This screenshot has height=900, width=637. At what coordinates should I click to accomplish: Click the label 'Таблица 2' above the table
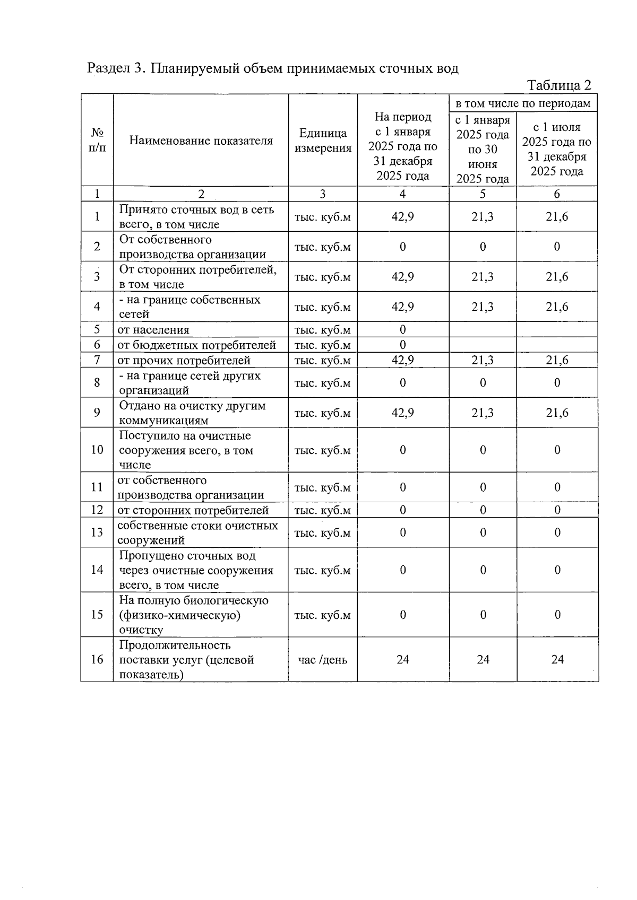tap(558, 85)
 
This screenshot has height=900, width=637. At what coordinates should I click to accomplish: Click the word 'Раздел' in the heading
tap(109, 68)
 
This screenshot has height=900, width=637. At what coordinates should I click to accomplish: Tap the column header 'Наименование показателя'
tap(201, 141)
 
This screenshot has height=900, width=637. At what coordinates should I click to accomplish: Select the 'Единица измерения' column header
tap(323, 141)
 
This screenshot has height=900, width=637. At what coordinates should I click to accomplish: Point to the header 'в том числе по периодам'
tap(523, 103)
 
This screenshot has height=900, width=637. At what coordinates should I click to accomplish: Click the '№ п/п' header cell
tap(97, 141)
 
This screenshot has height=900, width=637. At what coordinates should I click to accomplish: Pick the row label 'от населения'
tap(153, 330)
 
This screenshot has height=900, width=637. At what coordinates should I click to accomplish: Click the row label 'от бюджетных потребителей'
tap(196, 345)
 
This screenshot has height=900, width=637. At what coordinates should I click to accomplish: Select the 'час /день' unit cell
tap(323, 660)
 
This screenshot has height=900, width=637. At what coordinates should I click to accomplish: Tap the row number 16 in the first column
tap(97, 660)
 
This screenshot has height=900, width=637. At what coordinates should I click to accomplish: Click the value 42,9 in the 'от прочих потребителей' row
tap(402, 361)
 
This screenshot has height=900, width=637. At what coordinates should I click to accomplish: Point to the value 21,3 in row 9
tap(483, 413)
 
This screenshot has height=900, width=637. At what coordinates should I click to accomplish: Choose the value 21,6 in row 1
tap(557, 217)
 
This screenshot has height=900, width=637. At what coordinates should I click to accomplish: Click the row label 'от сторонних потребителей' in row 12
tap(193, 510)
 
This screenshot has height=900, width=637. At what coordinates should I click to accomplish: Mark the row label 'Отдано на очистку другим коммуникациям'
tap(192, 413)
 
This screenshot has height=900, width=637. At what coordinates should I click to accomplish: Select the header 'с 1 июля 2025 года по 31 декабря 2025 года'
tap(557, 149)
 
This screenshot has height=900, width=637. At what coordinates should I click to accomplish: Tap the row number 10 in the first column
tap(97, 450)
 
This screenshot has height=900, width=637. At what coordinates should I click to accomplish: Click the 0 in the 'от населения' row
tap(402, 330)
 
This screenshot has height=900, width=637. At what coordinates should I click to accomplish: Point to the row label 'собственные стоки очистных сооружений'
tap(197, 533)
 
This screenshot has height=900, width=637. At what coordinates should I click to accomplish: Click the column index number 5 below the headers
tap(483, 194)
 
